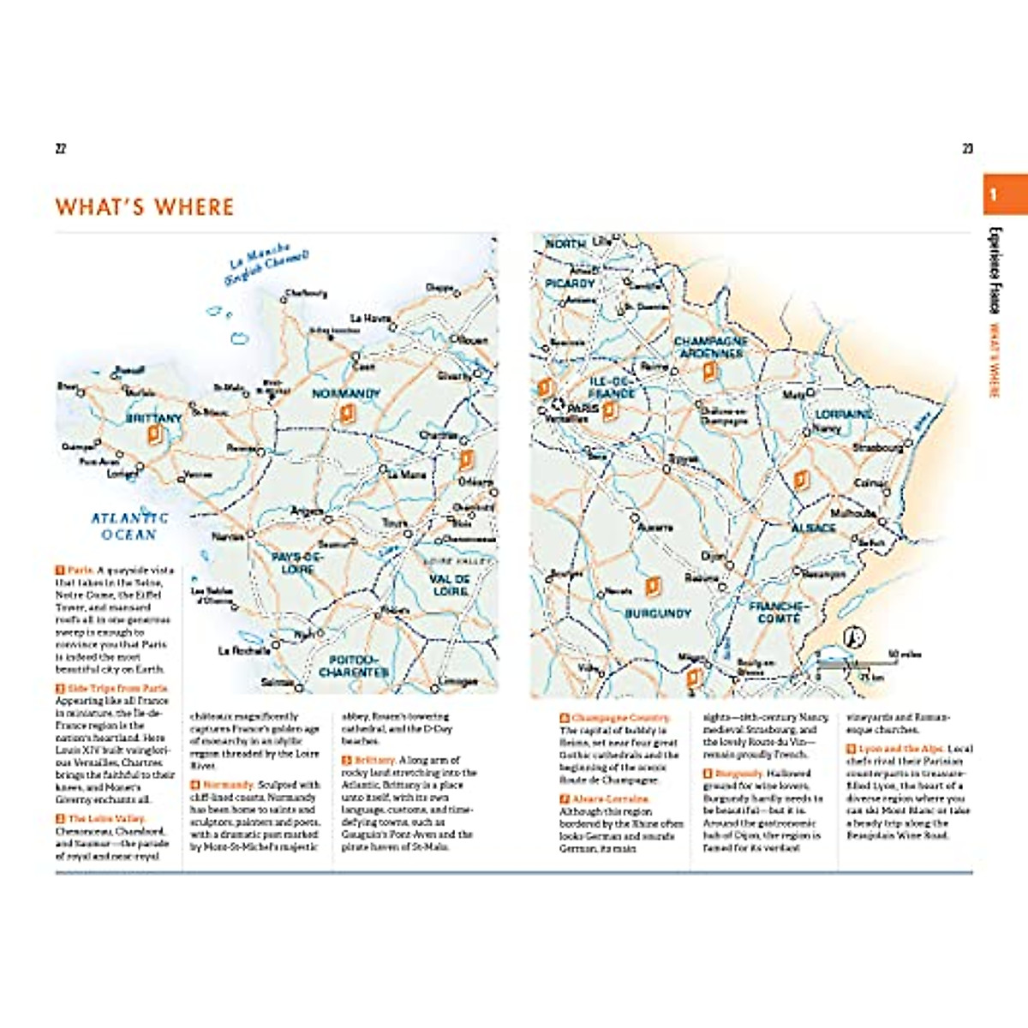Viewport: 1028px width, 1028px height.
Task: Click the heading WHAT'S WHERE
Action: tap(144, 207)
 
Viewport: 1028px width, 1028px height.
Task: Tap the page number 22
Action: tap(61, 149)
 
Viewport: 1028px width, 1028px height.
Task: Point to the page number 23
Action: tap(967, 149)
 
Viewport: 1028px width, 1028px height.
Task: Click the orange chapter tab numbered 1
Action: tap(1004, 194)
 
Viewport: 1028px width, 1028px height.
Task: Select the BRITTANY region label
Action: tap(154, 418)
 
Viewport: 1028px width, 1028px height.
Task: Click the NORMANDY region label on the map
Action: tap(345, 394)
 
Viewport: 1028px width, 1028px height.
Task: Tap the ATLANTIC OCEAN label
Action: tap(129, 526)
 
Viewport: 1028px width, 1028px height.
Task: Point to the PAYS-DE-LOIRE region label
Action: tap(297, 563)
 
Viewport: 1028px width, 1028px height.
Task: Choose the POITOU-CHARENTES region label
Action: tap(353, 666)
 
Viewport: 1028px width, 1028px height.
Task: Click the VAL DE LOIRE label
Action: tap(450, 585)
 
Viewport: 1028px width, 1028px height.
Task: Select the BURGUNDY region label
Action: tap(657, 614)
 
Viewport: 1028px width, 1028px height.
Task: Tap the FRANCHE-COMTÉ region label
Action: tap(778, 612)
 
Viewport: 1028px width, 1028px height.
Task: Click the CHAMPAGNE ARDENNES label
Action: tap(710, 347)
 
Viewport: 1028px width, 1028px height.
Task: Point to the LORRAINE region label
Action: tap(844, 414)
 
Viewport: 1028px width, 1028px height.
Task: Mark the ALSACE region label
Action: tap(812, 529)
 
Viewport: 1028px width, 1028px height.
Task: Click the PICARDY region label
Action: tap(570, 283)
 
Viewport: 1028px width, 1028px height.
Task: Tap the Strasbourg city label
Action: tap(877, 448)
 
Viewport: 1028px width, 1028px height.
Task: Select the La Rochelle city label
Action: tap(244, 651)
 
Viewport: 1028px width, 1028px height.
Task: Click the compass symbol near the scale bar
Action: tap(854, 637)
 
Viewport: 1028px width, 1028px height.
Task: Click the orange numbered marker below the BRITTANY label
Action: tap(154, 435)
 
